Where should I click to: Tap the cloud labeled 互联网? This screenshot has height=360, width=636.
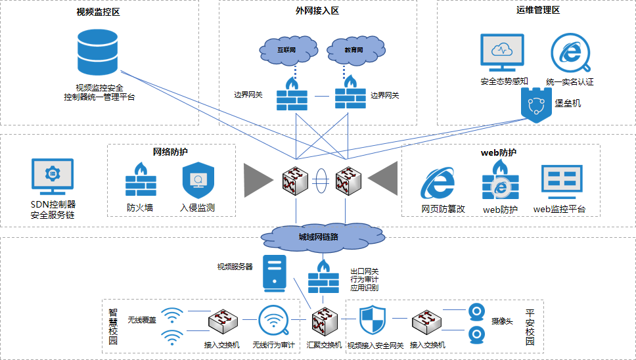tap(286, 49)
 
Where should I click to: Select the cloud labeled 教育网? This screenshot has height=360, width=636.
tap(355, 49)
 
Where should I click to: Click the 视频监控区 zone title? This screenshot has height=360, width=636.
tap(98, 12)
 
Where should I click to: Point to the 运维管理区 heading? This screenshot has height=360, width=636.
tap(537, 10)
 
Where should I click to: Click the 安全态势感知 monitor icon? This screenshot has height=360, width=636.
tap(504, 53)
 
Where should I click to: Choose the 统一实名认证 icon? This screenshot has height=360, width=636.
tap(570, 53)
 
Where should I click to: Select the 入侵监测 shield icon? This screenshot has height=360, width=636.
tap(198, 181)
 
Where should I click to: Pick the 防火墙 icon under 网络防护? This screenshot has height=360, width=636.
tap(141, 181)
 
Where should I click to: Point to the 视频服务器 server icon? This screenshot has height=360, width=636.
tap(275, 273)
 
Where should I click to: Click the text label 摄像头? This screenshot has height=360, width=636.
tap(503, 321)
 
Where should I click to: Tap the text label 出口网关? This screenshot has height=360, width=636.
tap(365, 270)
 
